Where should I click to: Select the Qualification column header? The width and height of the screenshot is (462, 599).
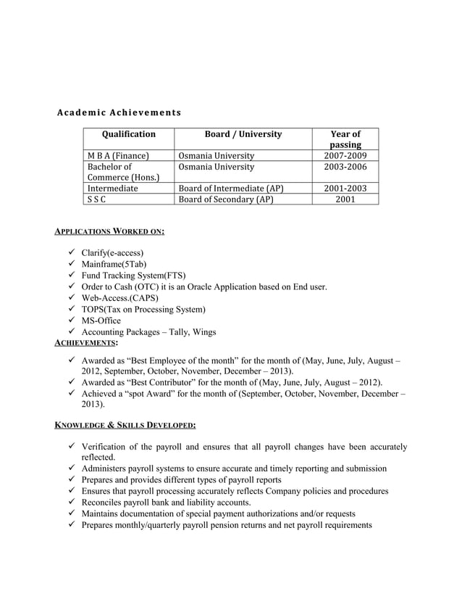coord(129,134)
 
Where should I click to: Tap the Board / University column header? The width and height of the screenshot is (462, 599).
coord(243,134)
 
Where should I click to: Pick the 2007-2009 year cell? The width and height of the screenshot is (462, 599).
coord(345,156)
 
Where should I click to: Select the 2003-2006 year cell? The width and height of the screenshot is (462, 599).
coord(345,167)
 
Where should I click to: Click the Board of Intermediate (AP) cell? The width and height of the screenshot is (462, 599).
coord(231,189)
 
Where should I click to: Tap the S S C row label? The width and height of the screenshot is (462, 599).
coord(95,199)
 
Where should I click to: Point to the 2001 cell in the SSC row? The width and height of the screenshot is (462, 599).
coord(345,199)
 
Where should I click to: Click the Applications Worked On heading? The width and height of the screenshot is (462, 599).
coord(110,231)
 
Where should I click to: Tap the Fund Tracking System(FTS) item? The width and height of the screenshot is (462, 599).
coord(133,276)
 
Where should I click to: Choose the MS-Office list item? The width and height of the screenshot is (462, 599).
coord(101,321)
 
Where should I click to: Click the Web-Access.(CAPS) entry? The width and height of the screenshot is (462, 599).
coord(119,298)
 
